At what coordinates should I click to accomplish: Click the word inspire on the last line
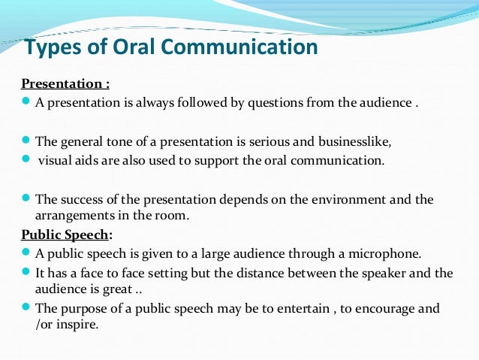click(80, 325)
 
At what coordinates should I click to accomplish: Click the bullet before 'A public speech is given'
click(27, 252)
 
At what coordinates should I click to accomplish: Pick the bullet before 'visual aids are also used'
click(27, 159)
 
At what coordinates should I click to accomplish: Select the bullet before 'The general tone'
click(27, 140)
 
